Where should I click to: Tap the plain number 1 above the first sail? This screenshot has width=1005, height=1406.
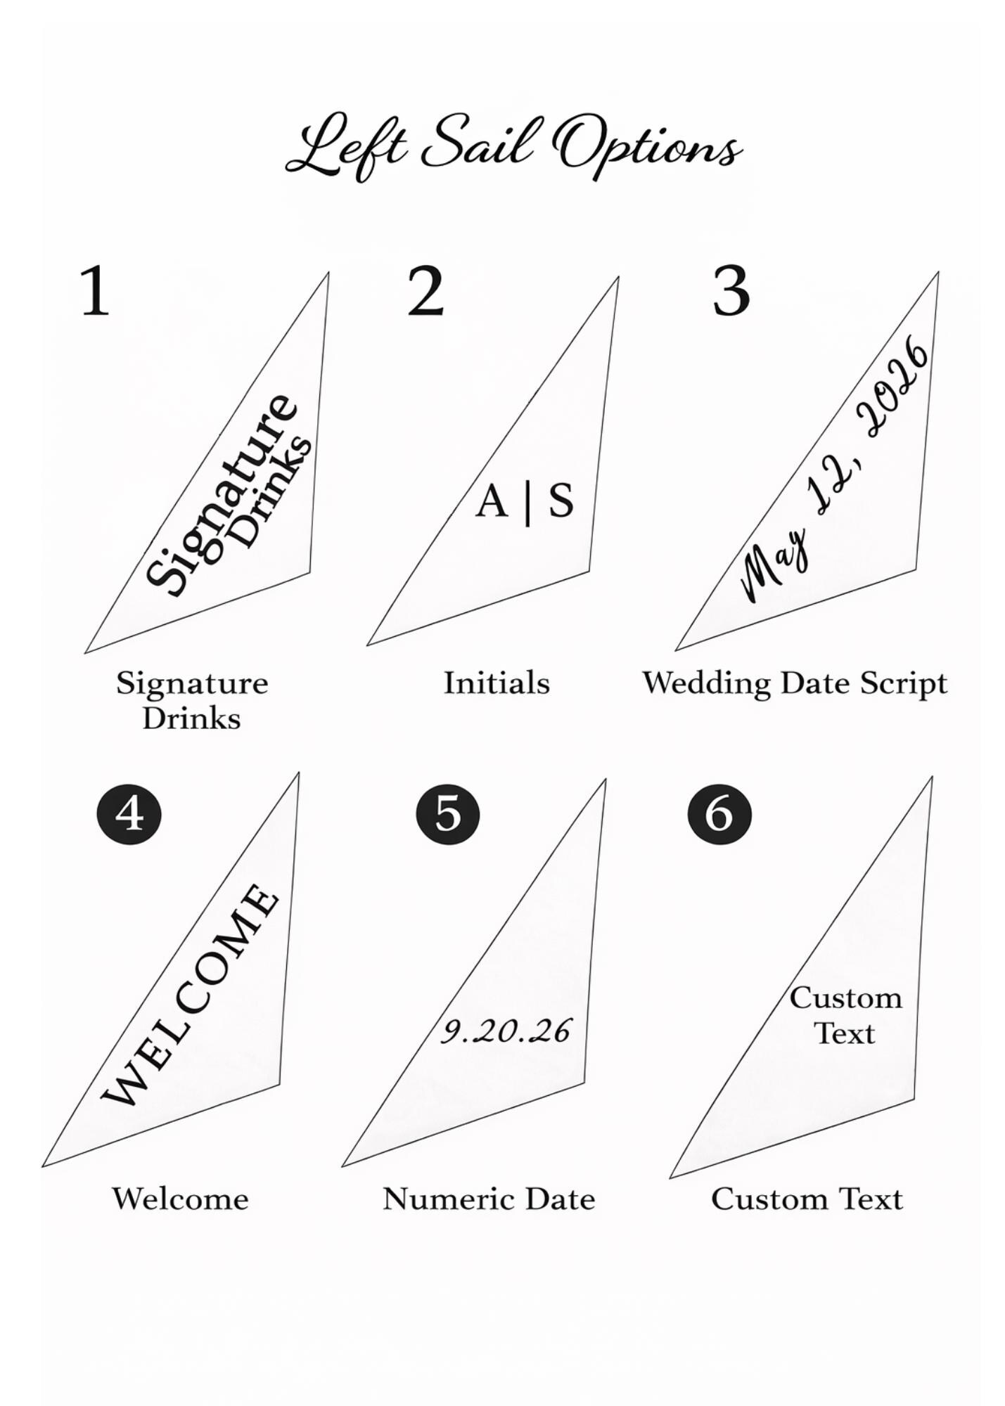(95, 291)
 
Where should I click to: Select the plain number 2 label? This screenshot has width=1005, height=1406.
(425, 291)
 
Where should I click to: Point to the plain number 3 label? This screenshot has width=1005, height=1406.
(731, 291)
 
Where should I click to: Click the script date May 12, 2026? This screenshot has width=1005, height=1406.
(837, 471)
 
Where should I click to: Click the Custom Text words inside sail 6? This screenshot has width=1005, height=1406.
(845, 1015)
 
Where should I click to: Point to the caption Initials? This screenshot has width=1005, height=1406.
(496, 683)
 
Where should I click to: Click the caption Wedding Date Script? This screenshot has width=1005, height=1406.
(795, 683)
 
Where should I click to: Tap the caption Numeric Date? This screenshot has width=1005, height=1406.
(489, 1199)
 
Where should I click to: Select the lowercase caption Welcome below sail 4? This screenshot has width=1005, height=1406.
(181, 1199)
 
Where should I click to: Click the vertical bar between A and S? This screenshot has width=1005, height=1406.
(527, 503)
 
